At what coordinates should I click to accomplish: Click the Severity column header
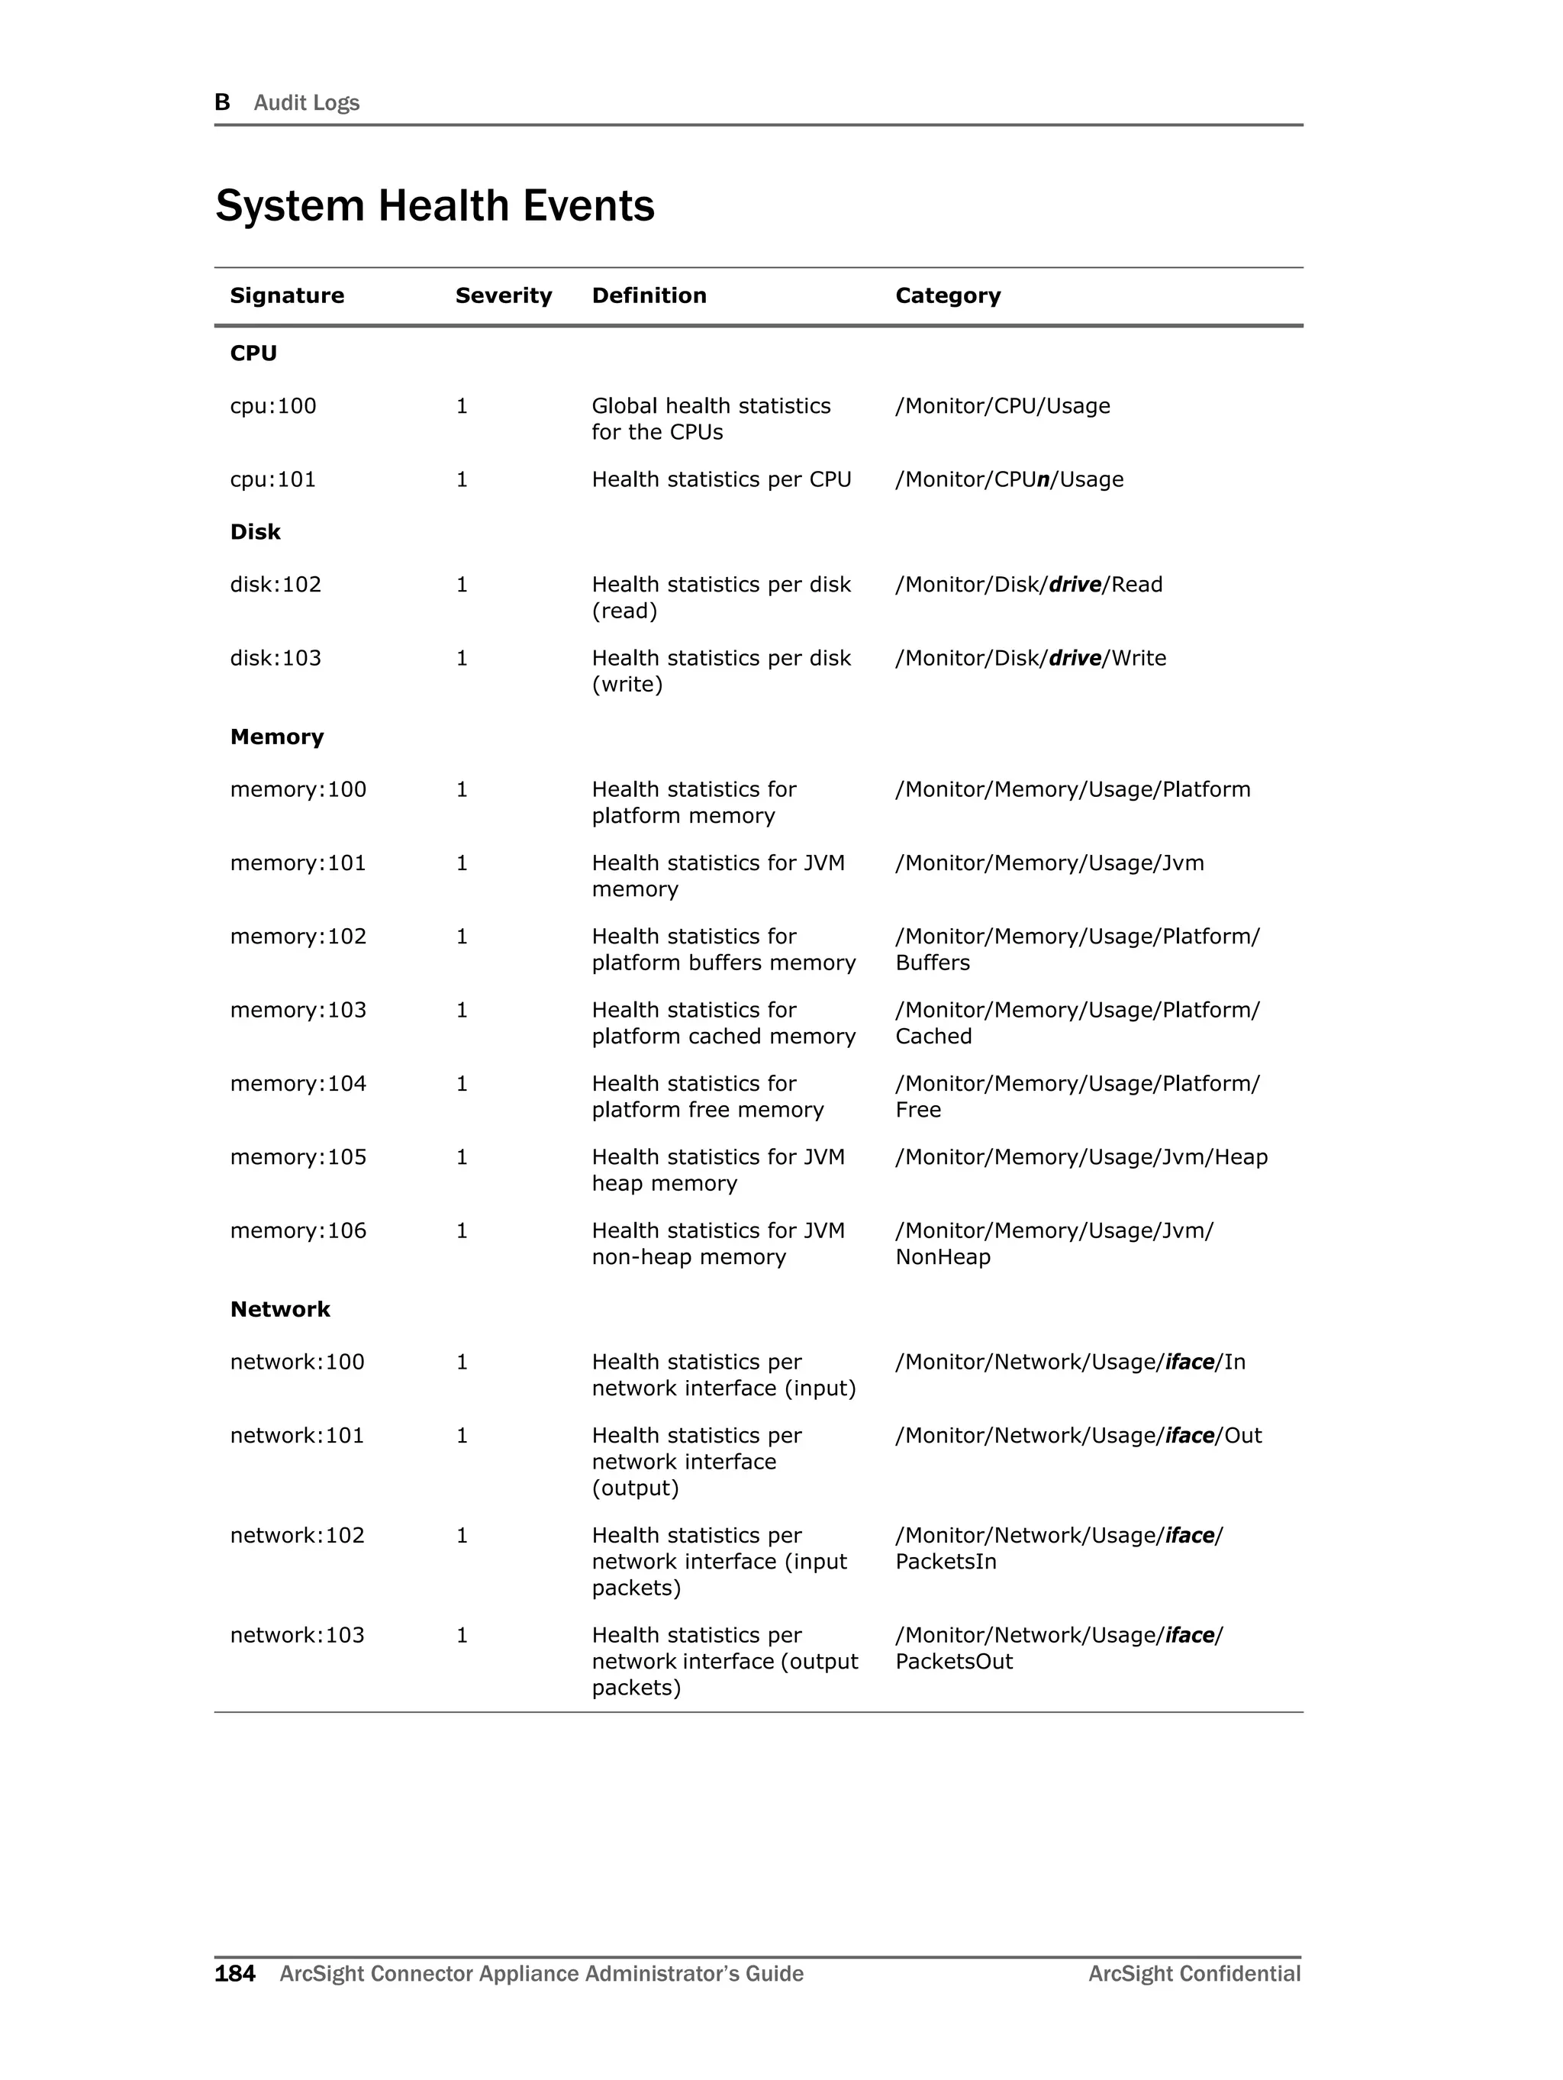coord(503,295)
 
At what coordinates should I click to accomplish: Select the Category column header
coord(947,295)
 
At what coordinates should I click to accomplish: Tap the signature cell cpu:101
coord(272,479)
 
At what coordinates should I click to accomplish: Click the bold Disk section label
coord(255,532)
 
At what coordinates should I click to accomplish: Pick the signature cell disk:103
coord(276,658)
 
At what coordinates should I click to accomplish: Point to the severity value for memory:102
coord(462,937)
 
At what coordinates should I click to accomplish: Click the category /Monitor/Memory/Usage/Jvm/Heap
coord(1081,1157)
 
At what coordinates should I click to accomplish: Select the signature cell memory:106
coord(298,1231)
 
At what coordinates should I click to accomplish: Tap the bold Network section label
coord(280,1310)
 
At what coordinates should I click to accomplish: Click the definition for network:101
coord(696,1462)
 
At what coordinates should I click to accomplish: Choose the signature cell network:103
coord(297,1635)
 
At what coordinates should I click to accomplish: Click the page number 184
coord(234,1974)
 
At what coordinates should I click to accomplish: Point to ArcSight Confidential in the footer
coord(1194,1974)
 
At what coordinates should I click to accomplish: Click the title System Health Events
coord(434,206)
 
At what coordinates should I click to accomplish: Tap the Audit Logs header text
coord(307,102)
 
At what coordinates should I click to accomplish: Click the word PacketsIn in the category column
coord(945,1562)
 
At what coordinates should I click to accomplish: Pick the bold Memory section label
coord(276,737)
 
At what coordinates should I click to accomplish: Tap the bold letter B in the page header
coord(222,102)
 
